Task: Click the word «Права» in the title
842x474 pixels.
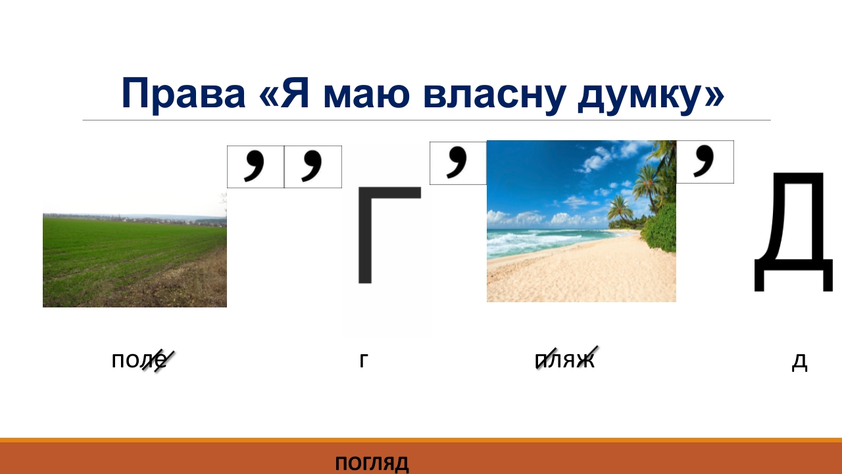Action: tap(184, 94)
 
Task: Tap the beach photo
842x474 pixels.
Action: tap(581, 221)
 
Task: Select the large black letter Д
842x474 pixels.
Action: tap(793, 232)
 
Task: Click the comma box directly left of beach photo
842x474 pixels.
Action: tap(458, 163)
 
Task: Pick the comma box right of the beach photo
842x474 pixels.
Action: tap(705, 162)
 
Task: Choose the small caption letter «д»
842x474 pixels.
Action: tap(799, 362)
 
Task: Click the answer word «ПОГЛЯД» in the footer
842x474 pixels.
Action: tap(372, 463)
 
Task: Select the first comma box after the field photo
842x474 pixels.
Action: tap(256, 167)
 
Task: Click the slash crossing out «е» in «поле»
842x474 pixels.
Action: tap(159, 361)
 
